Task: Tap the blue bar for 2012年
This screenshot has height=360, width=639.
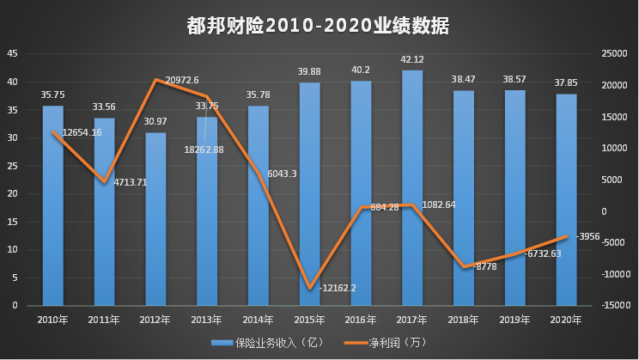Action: point(155,219)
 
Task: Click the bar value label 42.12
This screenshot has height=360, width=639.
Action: point(412,59)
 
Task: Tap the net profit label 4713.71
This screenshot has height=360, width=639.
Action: point(131,182)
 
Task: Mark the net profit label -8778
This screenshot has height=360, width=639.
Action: point(486,266)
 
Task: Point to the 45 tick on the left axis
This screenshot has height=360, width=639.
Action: point(12,53)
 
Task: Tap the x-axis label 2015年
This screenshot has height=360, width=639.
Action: point(309,320)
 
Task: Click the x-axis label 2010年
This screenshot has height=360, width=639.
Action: point(53,320)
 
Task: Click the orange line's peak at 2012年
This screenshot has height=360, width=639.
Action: point(155,80)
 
